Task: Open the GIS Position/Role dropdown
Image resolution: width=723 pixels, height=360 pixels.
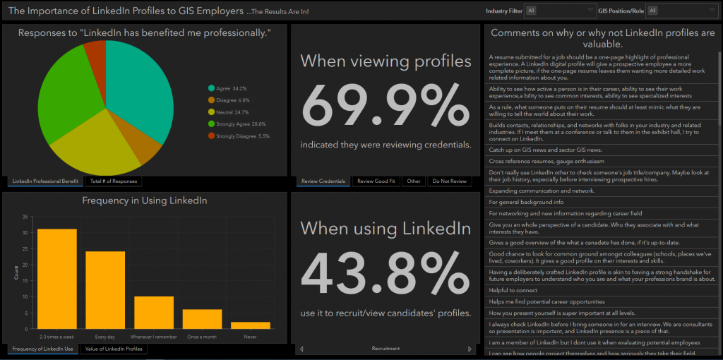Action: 681,11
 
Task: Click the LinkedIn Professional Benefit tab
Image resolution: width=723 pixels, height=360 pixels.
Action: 45,181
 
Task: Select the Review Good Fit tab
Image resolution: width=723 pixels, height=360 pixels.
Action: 376,181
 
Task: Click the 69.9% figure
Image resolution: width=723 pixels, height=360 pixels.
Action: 385,106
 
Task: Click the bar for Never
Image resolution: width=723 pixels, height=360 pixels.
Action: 251,325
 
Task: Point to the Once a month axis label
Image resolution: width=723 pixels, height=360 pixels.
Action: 202,337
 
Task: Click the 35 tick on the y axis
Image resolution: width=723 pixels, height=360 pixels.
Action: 25,217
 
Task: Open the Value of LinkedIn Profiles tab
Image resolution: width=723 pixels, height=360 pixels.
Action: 114,349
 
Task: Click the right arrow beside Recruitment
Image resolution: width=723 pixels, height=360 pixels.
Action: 469,349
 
